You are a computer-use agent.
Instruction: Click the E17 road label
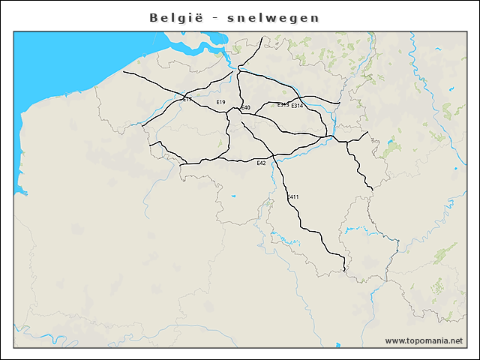click(x=187, y=99)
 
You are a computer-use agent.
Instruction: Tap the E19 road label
click(x=220, y=102)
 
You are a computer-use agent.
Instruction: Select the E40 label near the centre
click(x=245, y=108)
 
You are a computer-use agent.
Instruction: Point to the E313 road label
click(x=283, y=105)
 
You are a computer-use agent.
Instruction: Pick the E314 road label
click(x=297, y=106)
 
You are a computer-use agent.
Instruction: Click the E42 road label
click(x=261, y=163)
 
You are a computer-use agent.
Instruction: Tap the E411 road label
click(x=292, y=197)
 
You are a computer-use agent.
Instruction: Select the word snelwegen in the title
click(x=273, y=17)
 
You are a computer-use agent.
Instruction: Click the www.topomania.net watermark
click(x=424, y=341)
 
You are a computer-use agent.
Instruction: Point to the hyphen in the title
click(x=214, y=18)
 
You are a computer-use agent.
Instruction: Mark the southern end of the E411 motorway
click(x=343, y=271)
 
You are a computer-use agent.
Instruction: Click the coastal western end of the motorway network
click(x=124, y=72)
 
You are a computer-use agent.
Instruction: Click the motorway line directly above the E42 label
click(x=261, y=157)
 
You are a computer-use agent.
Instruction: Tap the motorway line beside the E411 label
click(x=286, y=197)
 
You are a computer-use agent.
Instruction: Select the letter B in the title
click(x=154, y=17)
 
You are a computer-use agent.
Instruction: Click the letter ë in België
click(x=196, y=17)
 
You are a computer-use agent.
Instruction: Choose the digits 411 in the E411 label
click(x=295, y=197)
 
